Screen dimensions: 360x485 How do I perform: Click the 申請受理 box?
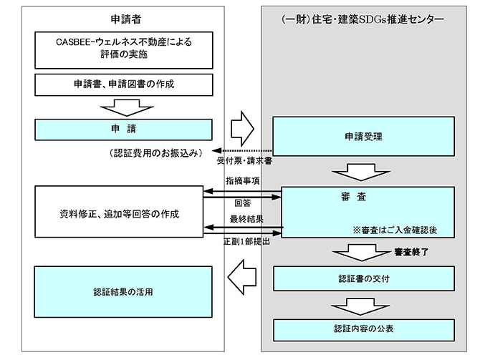[364, 135]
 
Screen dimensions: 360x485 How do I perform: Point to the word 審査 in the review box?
[365, 195]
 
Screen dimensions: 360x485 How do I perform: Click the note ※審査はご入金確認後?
[397, 230]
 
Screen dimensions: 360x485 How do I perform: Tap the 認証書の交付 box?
[364, 278]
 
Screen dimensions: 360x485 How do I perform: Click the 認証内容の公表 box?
[364, 329]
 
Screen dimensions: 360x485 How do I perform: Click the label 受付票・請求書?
[249, 161]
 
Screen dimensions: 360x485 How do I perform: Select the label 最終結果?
[243, 218]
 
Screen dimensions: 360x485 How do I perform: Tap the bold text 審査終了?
[413, 253]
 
